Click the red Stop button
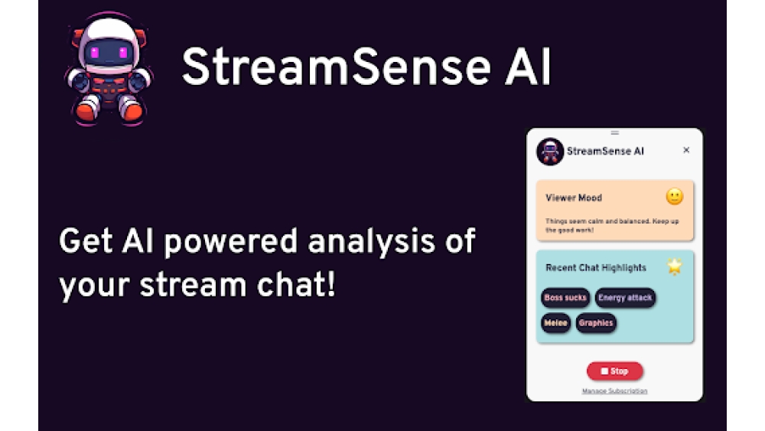click(614, 371)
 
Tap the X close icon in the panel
click(686, 150)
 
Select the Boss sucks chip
click(565, 298)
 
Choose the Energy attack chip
click(625, 298)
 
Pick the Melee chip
click(555, 323)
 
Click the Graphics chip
click(596, 323)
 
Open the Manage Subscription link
click(614, 391)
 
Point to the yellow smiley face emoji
click(674, 197)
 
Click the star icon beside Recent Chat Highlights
click(674, 266)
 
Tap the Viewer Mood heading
click(574, 198)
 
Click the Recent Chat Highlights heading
click(596, 268)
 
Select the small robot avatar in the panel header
click(550, 152)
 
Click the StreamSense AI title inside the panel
click(605, 152)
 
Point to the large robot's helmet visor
click(107, 54)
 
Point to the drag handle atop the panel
click(614, 133)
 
